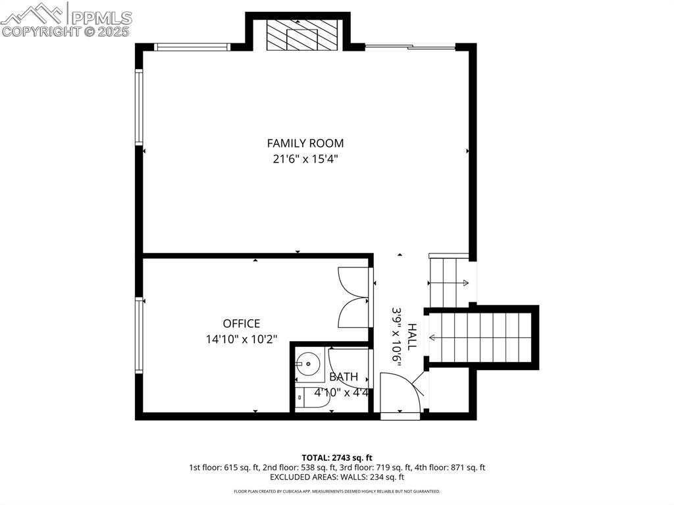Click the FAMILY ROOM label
305,143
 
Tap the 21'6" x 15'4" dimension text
305,159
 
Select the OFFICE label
241,323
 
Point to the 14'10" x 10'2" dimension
241,340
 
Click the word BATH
344,377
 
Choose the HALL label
412,336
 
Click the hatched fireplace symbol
302,34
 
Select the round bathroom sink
307,363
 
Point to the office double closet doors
353,297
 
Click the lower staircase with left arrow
480,337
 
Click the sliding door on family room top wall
409,47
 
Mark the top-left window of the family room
192,47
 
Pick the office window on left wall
139,335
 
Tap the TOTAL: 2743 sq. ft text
337,457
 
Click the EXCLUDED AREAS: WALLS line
337,477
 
